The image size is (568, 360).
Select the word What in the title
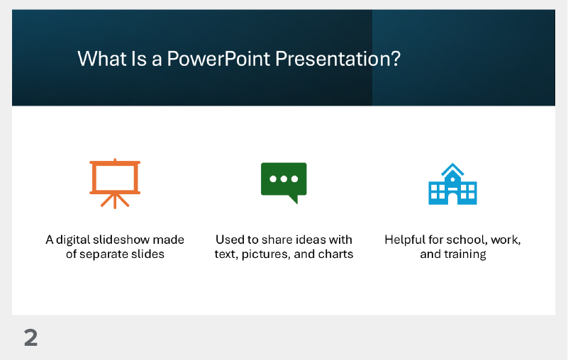[x=96, y=59]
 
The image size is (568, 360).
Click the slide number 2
[x=30, y=338]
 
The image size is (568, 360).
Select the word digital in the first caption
[x=74, y=240]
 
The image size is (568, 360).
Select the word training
[x=465, y=254]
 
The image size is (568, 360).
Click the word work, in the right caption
[x=506, y=240]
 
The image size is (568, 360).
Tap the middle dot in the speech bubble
[x=284, y=179]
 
